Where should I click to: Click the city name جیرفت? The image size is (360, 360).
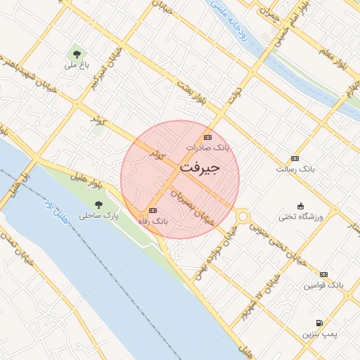200,169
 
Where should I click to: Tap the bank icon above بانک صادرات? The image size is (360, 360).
207,137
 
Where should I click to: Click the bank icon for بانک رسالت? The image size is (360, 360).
295,158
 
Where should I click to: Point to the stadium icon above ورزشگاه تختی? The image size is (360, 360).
301,205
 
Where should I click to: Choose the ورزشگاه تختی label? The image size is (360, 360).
301,217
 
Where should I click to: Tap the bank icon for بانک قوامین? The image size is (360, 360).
323,274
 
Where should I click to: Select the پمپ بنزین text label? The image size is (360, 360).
320,333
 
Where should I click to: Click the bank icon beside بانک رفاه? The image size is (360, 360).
153,210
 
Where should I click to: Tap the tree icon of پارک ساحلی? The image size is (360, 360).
98,205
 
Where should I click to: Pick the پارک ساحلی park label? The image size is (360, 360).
98,216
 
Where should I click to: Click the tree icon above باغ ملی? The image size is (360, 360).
75,53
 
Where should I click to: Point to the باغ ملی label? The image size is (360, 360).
75,65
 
